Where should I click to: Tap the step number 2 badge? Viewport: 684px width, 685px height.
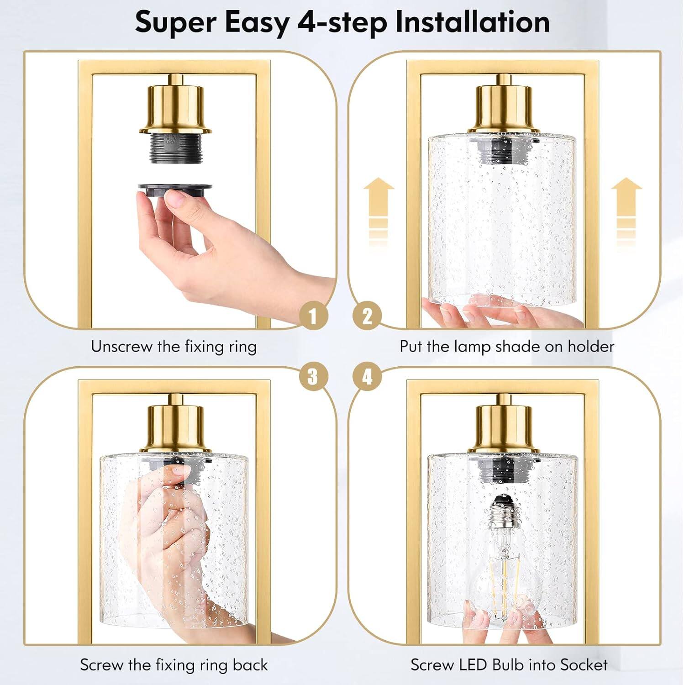(x=368, y=316)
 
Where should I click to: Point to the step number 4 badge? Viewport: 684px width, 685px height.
(x=368, y=377)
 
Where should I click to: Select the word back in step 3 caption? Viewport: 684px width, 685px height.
(x=250, y=664)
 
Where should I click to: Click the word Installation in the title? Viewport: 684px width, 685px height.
(x=472, y=22)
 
